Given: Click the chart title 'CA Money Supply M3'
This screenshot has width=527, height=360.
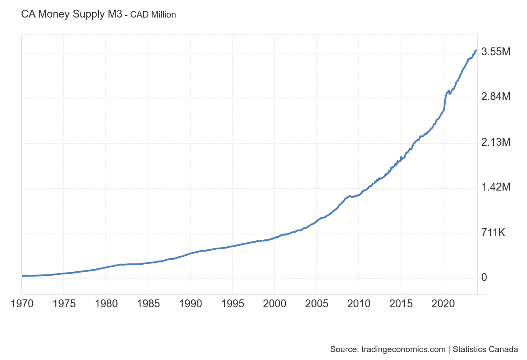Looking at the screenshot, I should click(x=72, y=14).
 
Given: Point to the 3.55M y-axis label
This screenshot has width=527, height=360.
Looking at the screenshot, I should click(x=496, y=52).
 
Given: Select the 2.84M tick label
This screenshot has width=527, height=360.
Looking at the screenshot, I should click(x=496, y=97).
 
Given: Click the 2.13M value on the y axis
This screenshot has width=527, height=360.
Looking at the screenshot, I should click(x=496, y=142).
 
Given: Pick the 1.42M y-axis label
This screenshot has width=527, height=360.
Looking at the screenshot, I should click(x=496, y=187).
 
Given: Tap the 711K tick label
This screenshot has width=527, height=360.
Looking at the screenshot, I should click(x=494, y=233).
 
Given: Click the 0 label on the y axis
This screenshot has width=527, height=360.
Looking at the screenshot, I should click(x=484, y=277).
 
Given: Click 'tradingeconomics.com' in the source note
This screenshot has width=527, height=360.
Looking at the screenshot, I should click(x=403, y=349).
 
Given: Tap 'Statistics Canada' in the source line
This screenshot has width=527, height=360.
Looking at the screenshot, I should click(x=485, y=349).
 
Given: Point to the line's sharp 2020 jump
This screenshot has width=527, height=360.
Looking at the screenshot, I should click(x=445, y=101).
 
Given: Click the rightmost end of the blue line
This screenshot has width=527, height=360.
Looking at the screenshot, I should click(x=476, y=50).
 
